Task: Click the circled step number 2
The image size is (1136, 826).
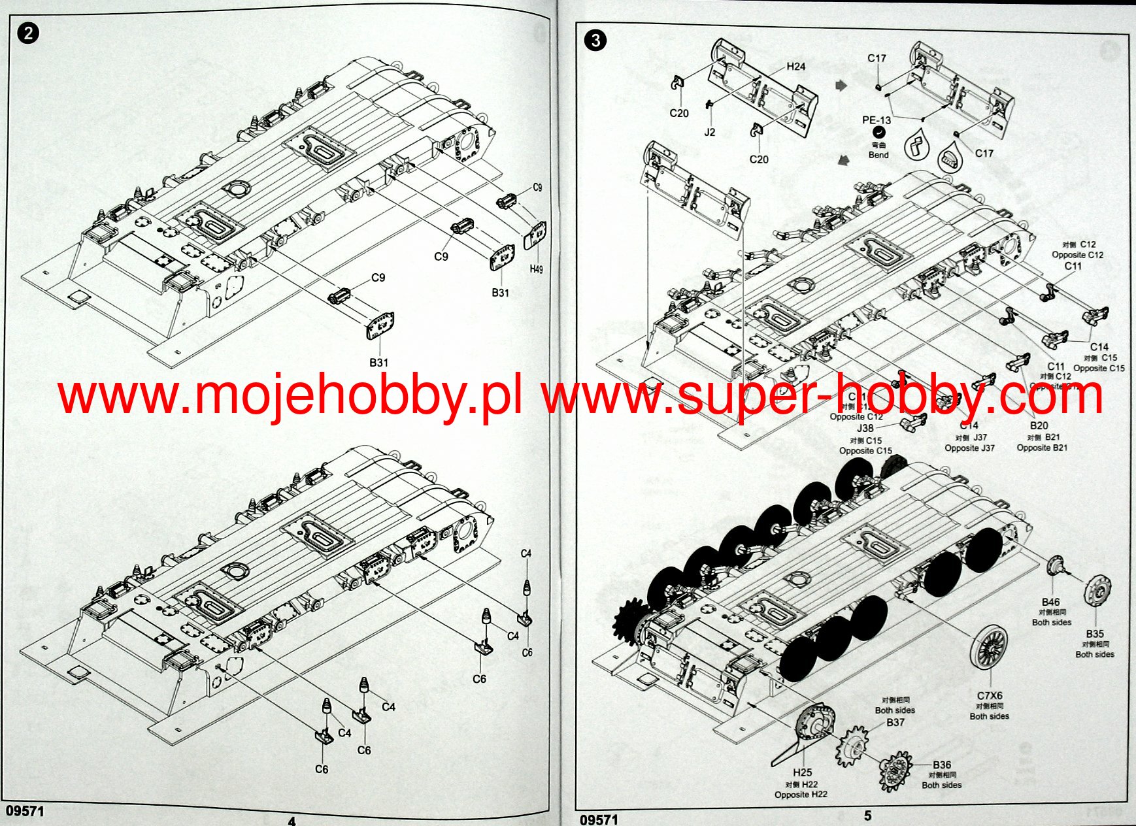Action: point(28,33)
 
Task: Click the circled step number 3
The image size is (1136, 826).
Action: point(595,41)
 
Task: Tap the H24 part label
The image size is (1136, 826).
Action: point(795,67)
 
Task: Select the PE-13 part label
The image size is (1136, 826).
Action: point(876,120)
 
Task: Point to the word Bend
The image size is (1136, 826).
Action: point(878,155)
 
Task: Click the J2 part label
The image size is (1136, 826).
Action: point(710,132)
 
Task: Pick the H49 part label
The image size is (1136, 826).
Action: point(536,269)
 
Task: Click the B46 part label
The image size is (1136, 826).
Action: point(1050,602)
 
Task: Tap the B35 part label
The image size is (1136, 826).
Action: point(1095,633)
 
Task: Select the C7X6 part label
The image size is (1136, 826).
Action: point(989,696)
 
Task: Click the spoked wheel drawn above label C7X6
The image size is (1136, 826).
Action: point(990,647)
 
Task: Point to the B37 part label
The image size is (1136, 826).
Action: point(895,722)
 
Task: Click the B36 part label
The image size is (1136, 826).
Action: point(941,765)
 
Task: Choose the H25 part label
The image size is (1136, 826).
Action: point(802,772)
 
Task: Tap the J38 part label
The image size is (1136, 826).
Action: point(865,428)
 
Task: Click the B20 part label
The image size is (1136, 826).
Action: point(1039,425)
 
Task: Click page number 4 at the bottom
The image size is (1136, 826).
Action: point(292,821)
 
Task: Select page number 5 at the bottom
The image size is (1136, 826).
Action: point(867,816)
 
